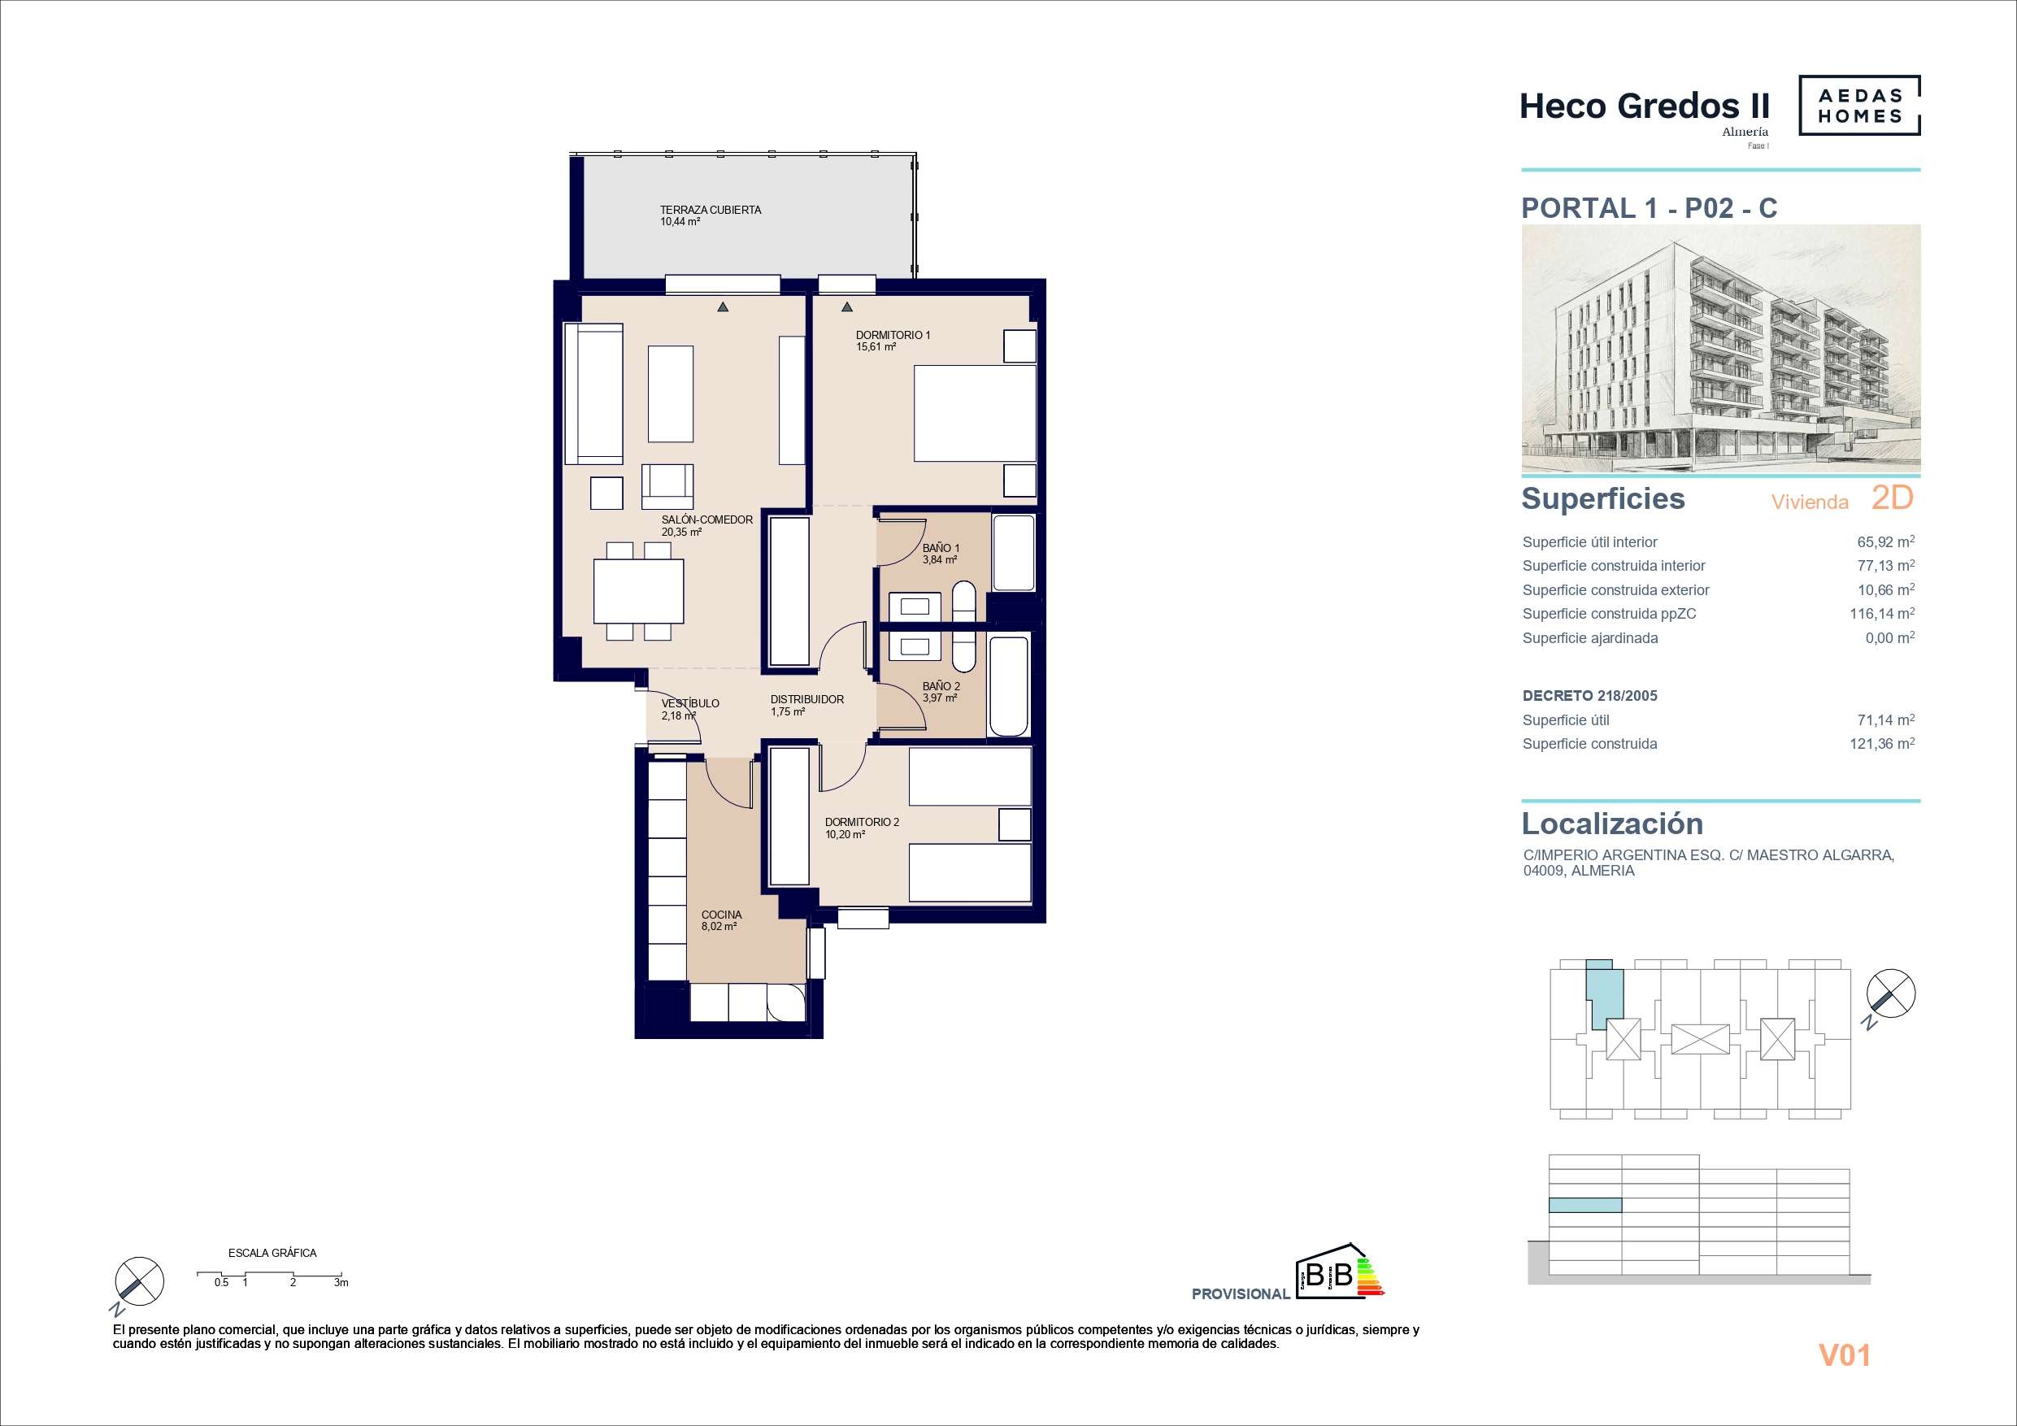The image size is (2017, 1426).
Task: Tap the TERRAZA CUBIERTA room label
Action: click(x=711, y=210)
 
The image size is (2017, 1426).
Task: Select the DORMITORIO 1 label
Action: click(x=893, y=335)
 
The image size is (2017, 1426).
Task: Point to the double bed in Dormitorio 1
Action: click(x=975, y=413)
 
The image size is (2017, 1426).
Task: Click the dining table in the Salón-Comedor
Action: click(x=639, y=591)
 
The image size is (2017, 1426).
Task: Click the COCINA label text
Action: click(x=721, y=915)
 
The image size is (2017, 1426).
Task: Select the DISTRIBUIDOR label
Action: click(x=806, y=699)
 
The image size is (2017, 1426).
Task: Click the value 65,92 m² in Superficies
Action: click(x=1885, y=542)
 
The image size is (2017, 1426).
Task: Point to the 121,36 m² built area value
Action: click(x=1882, y=744)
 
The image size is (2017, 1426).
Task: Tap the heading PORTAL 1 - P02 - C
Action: click(x=1649, y=208)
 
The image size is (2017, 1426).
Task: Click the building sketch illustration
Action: click(x=1721, y=349)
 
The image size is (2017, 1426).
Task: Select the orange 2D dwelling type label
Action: click(x=1893, y=498)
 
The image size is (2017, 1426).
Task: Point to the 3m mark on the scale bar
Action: click(x=341, y=1283)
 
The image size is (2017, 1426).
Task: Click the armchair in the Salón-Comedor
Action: click(x=667, y=486)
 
